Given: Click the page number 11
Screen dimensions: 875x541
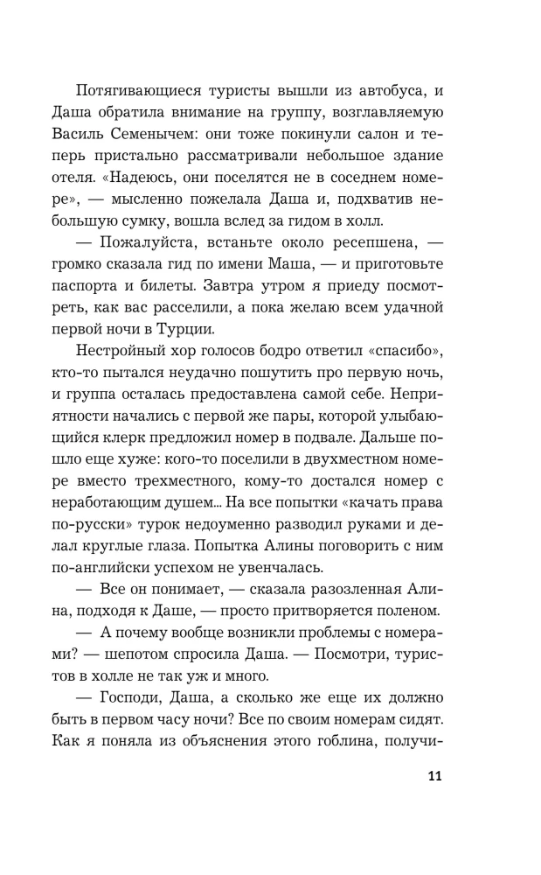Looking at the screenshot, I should coord(434,777).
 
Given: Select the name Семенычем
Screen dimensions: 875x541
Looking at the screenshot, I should coord(181,133).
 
